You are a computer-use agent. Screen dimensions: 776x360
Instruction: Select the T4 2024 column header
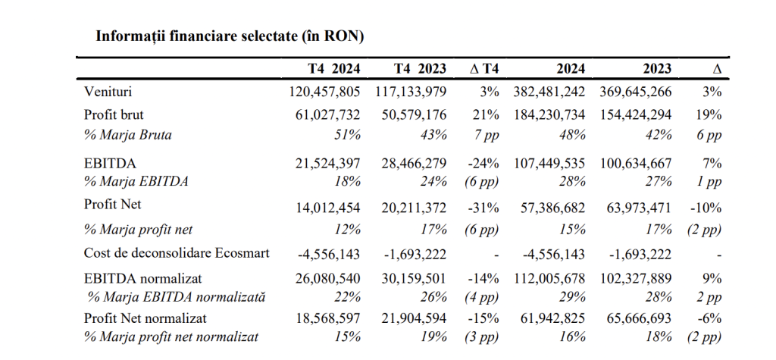[x=334, y=69]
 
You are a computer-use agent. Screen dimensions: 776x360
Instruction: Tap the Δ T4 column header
[x=484, y=69]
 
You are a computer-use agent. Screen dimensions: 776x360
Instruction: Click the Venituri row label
[x=108, y=92]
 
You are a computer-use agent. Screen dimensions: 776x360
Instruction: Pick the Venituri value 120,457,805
[x=324, y=92]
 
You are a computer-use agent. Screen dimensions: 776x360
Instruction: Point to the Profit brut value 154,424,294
[x=636, y=115]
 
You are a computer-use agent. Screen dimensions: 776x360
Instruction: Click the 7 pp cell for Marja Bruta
[x=487, y=135]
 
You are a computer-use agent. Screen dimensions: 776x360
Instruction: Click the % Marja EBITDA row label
[x=136, y=181]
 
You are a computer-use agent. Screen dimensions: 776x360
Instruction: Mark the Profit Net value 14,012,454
[x=329, y=208]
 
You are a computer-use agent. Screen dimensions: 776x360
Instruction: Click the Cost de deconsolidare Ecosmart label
[x=177, y=253]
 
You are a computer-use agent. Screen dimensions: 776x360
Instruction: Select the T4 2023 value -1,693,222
[x=415, y=255]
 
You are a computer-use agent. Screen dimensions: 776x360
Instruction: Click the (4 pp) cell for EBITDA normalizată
[x=481, y=298]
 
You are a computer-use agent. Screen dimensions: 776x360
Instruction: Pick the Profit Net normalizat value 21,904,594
[x=415, y=318]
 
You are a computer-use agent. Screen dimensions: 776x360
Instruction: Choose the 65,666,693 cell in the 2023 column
[x=640, y=318]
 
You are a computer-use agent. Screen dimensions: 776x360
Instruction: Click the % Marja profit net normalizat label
[x=171, y=337]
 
